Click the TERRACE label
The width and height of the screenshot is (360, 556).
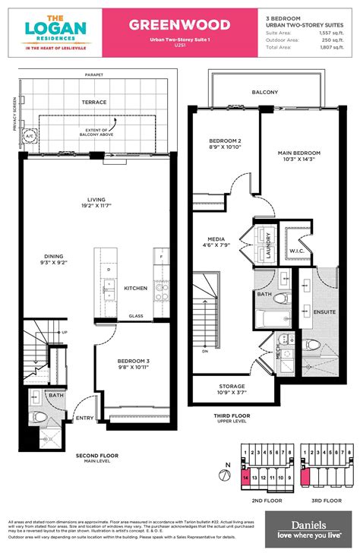(x=94, y=101)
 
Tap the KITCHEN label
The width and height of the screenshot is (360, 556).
(x=136, y=288)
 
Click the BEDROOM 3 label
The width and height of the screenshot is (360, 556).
(x=136, y=362)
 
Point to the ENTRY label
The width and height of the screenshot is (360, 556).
(x=85, y=417)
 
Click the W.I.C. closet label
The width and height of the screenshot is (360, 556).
(x=296, y=249)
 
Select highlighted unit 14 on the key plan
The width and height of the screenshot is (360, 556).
(x=245, y=479)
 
